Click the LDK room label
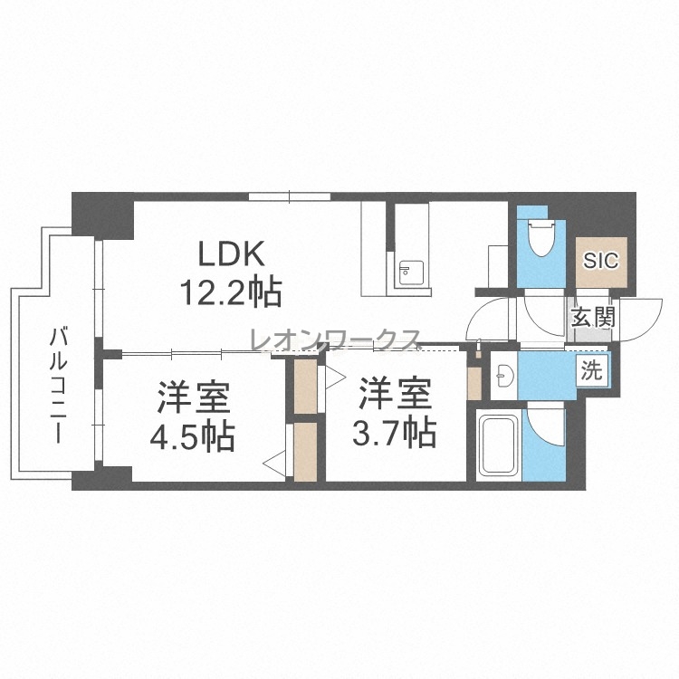(231, 253)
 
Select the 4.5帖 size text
(192, 436)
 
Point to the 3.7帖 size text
(394, 432)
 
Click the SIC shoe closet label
(600, 261)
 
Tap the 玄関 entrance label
(593, 318)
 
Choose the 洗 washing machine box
(591, 371)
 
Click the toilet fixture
(540, 238)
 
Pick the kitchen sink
(409, 273)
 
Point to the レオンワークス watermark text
(335, 339)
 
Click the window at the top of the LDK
(290, 196)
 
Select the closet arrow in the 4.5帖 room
(274, 464)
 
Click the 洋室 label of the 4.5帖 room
(193, 397)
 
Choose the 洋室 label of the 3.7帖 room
(395, 393)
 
